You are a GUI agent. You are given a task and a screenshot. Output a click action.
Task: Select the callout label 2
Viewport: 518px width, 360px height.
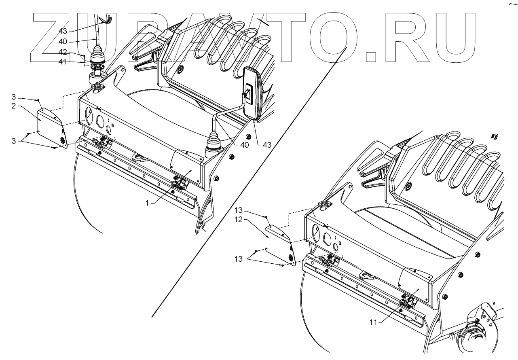tap(13, 106)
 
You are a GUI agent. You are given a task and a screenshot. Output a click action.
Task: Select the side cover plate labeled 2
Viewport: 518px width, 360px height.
tap(49, 126)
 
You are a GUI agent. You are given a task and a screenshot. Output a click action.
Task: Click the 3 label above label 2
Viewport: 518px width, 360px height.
tap(13, 97)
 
